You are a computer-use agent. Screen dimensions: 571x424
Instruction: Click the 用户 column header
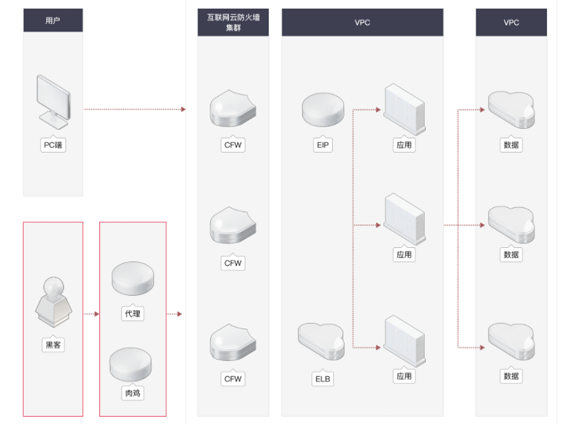point(53,20)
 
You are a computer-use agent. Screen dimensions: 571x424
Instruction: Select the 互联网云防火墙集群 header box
point(233,22)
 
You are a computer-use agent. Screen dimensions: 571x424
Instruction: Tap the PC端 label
point(53,145)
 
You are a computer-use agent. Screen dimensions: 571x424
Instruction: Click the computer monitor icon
point(53,102)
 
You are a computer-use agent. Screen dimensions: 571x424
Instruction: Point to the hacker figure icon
point(54,302)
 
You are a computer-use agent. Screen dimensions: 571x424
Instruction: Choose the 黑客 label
point(53,345)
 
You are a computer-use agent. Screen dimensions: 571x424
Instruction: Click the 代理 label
point(132,314)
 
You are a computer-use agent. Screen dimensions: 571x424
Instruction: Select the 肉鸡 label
point(132,393)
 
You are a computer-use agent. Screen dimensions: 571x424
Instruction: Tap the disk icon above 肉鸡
point(131,364)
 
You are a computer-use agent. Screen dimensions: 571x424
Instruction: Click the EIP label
point(322,145)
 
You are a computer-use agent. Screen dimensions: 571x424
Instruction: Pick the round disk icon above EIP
point(323,110)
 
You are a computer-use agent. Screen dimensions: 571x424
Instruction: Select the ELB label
point(322,379)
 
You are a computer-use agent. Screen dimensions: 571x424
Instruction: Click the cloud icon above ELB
point(321,341)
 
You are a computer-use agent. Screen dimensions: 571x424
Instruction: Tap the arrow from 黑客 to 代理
point(91,314)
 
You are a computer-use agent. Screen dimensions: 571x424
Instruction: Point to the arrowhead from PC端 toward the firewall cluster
point(183,110)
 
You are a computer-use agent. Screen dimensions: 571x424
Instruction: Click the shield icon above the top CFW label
point(233,109)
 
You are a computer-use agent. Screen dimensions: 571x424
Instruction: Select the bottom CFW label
point(233,379)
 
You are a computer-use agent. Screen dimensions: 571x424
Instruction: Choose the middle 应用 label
point(404,255)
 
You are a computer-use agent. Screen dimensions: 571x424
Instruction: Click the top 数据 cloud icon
point(511,110)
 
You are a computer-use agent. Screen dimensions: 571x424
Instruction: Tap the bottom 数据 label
point(511,376)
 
